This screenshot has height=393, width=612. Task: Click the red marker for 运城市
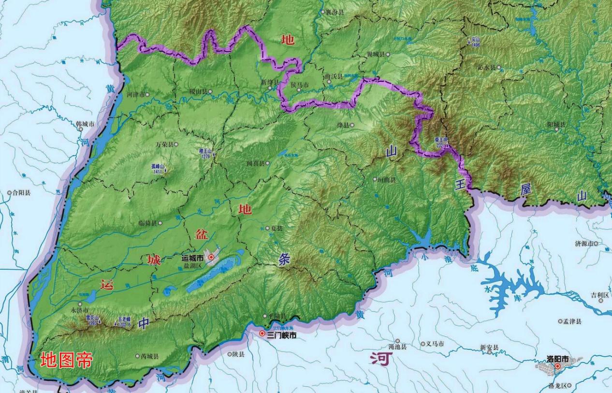click(x=211, y=257)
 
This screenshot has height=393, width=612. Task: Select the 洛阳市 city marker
click(x=557, y=366)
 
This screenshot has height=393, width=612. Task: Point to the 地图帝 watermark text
click(x=66, y=360)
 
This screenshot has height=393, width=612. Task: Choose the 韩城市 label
click(x=85, y=124)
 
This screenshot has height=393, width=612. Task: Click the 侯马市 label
click(x=299, y=84)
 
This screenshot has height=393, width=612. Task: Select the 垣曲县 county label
click(x=387, y=179)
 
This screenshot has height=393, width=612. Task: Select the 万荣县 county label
click(x=163, y=144)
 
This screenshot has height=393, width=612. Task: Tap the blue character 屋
click(x=526, y=189)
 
